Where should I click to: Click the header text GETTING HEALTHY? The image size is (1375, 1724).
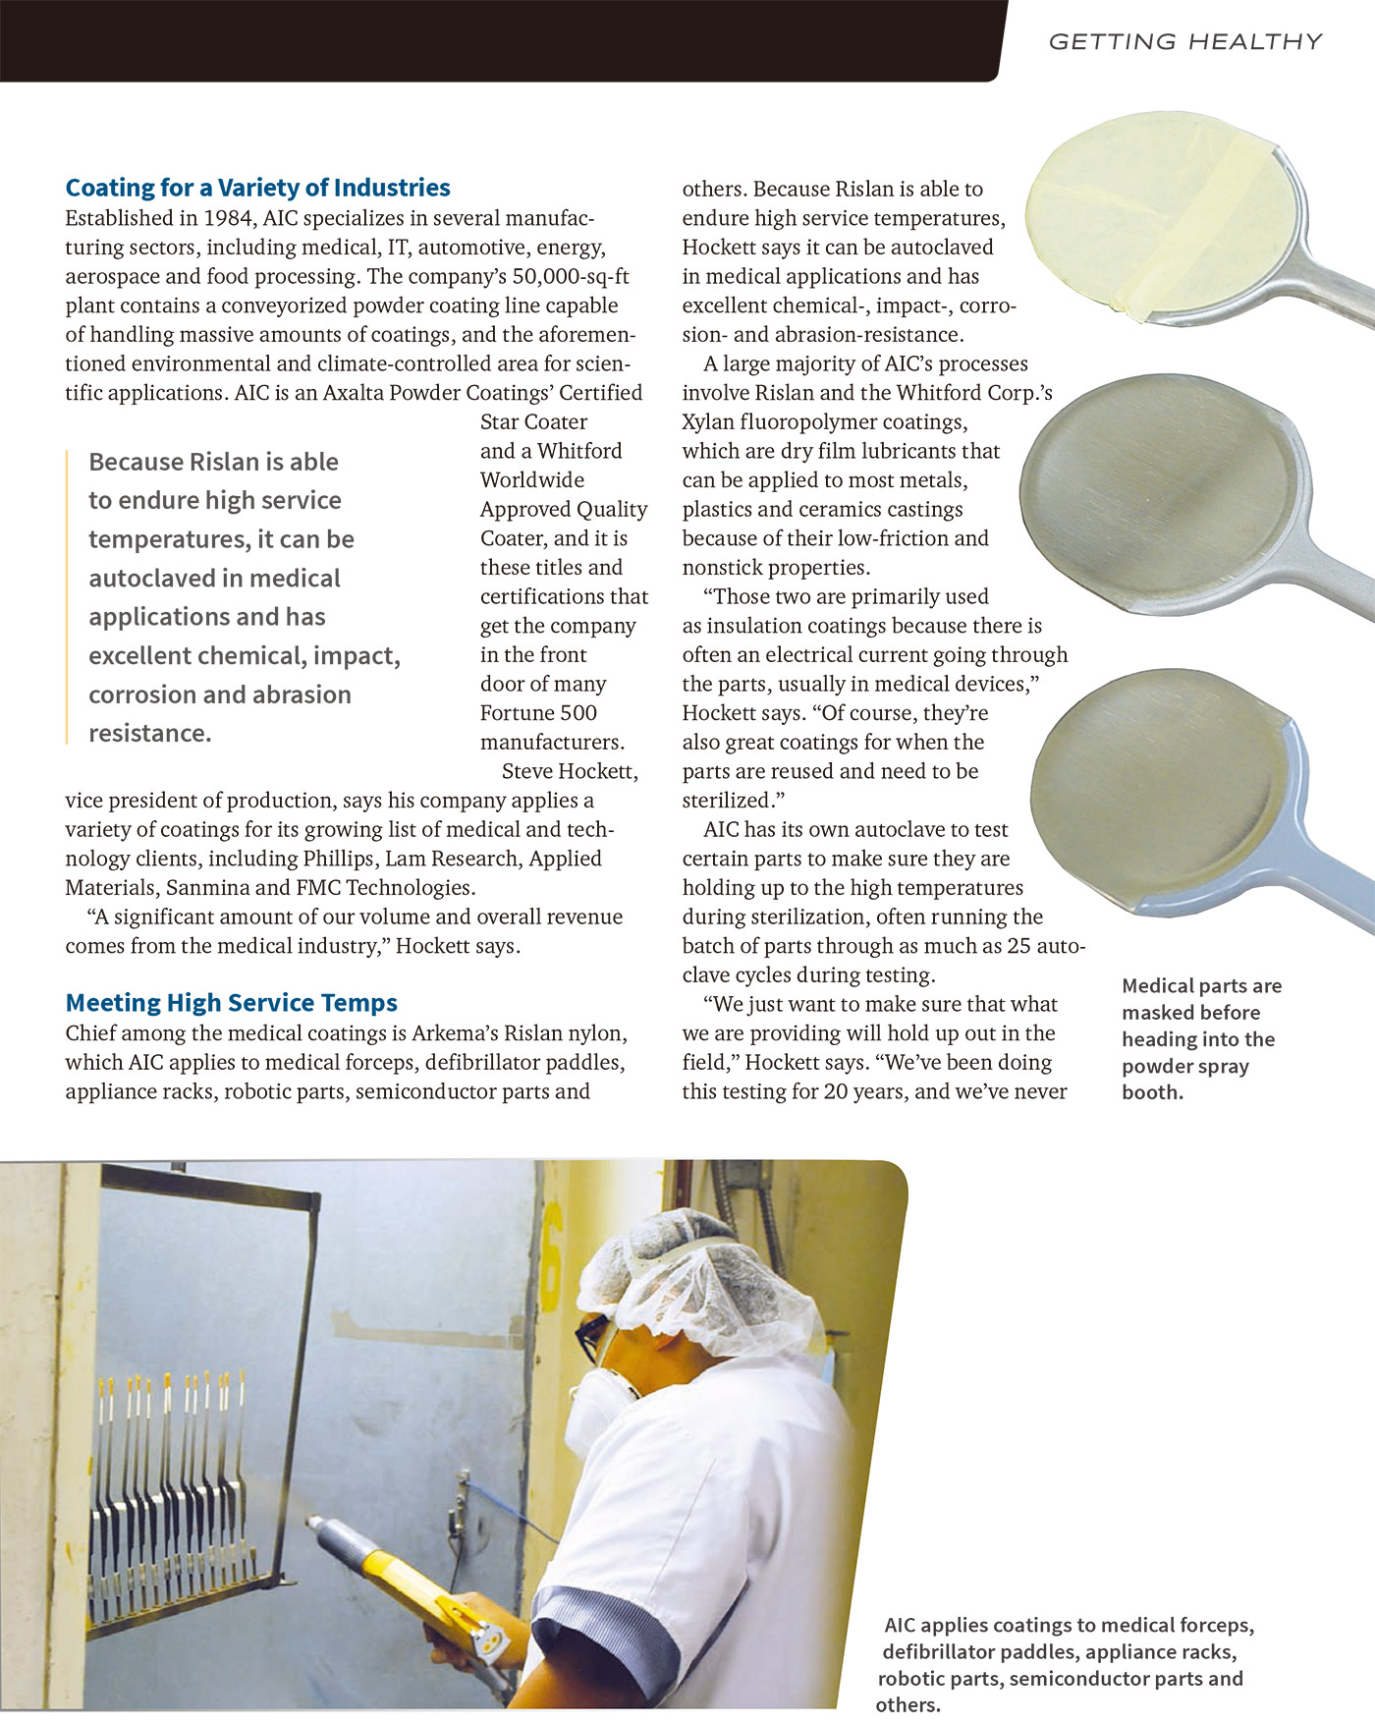(x=1184, y=41)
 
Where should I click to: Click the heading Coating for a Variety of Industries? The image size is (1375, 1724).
(x=257, y=188)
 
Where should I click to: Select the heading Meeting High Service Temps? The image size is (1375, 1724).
(x=231, y=1003)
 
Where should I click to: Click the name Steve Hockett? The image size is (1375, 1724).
(x=570, y=771)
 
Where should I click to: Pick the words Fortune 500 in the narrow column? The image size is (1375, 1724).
(x=538, y=713)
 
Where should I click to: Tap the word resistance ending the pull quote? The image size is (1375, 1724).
(x=149, y=734)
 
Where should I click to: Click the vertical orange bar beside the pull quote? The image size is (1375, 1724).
(x=67, y=596)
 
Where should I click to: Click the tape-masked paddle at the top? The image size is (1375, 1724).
(x=1169, y=231)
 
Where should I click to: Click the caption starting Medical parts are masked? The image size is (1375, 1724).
(x=1200, y=1038)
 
